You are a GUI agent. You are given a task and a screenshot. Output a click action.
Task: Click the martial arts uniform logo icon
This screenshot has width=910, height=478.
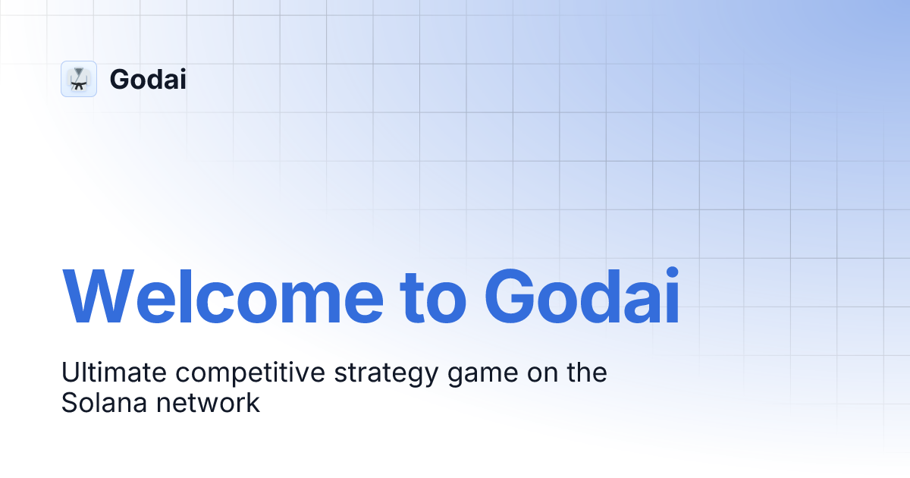point(79,79)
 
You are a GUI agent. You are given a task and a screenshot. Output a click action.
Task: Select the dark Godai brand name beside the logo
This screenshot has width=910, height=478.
point(148,80)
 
